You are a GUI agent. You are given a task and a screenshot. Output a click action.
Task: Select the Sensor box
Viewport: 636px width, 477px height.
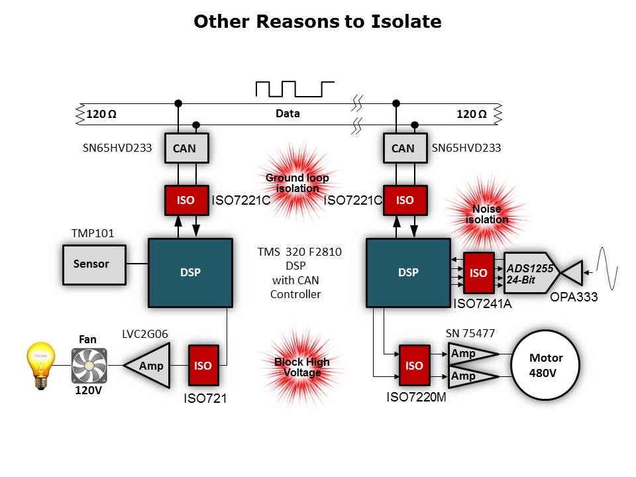(93, 264)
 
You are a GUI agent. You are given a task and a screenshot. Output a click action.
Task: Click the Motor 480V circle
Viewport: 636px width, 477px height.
(546, 365)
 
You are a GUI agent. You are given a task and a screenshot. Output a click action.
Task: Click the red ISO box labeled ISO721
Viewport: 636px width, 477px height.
(203, 365)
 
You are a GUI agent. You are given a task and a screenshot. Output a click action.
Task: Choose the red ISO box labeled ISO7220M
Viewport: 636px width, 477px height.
(413, 365)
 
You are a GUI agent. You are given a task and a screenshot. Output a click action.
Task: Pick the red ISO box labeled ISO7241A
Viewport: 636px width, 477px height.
(478, 273)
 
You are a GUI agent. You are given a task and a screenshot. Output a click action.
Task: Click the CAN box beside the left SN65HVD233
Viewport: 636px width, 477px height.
(184, 148)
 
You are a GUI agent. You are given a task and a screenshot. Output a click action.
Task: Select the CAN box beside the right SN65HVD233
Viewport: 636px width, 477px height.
(403, 148)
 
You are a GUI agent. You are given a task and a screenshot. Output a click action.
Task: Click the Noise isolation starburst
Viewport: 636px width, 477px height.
(487, 214)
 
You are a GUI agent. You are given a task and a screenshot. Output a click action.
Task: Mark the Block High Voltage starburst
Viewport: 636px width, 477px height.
(302, 367)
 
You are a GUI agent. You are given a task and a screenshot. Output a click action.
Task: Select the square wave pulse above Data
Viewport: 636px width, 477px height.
(295, 89)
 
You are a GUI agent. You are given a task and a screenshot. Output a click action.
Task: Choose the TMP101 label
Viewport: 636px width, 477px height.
(93, 234)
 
